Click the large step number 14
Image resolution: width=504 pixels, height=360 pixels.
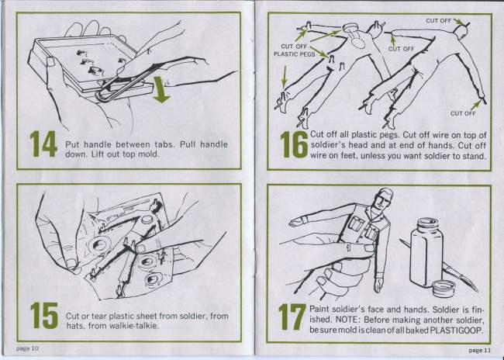pyautogui.click(x=43, y=144)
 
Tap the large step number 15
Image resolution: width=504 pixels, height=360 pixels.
pyautogui.click(x=44, y=315)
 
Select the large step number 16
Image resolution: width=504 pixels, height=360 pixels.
pyautogui.click(x=294, y=144)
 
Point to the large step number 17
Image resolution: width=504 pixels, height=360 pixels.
pyautogui.click(x=292, y=317)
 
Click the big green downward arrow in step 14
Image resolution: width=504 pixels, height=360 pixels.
pyautogui.click(x=161, y=90)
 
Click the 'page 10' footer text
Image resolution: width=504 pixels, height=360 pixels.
pyautogui.click(x=27, y=348)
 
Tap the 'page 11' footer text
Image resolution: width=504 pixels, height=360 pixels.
pyautogui.click(x=479, y=350)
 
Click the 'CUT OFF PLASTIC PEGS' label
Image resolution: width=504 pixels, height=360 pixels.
pyautogui.click(x=294, y=50)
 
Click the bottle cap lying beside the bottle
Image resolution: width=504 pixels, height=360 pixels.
pyautogui.click(x=444, y=288)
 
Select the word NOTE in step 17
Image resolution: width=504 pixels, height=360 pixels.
pyautogui.click(x=346, y=320)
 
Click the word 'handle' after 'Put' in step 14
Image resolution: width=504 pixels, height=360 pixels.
pyautogui.click(x=96, y=144)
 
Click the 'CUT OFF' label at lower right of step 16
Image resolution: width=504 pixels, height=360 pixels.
pyautogui.click(x=463, y=113)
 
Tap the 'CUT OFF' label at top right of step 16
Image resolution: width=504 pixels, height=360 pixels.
pyautogui.click(x=439, y=21)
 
